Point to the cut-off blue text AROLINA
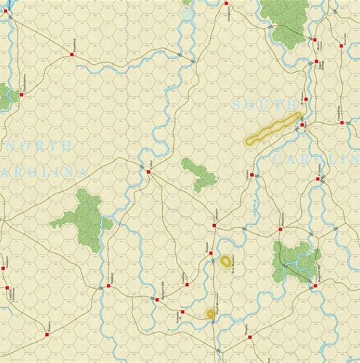click(44, 172)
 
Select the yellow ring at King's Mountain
click(211, 314)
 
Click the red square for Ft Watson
click(305, 99)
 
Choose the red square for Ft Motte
click(301, 125)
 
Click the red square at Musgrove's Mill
click(316, 286)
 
